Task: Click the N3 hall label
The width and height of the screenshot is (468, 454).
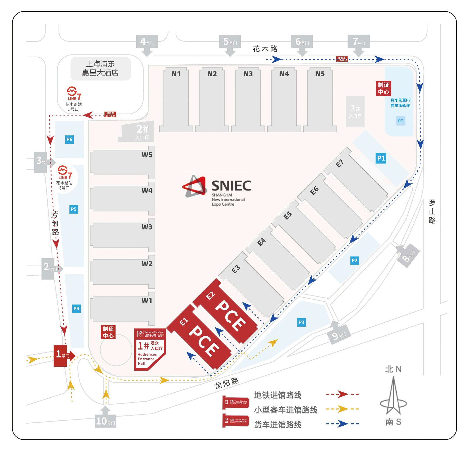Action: (248, 74)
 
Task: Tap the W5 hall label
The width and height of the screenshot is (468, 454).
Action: (147, 155)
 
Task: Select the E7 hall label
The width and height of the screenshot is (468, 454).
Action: (339, 163)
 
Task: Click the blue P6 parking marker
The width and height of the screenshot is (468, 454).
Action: (69, 140)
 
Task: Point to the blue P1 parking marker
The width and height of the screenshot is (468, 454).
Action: (381, 158)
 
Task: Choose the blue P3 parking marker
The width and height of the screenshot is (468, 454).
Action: (301, 322)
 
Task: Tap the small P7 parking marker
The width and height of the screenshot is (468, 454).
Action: (400, 121)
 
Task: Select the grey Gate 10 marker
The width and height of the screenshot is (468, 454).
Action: (105, 421)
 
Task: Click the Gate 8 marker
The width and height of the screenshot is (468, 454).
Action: (408, 256)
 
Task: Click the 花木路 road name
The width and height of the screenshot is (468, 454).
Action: (265, 49)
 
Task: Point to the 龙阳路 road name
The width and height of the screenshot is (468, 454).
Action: (227, 383)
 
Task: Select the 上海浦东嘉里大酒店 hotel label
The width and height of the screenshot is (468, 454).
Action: (100, 68)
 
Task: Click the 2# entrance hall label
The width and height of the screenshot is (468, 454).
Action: (142, 131)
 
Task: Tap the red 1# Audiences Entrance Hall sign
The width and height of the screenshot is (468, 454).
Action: (149, 349)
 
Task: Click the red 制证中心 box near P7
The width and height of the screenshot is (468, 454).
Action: (383, 88)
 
